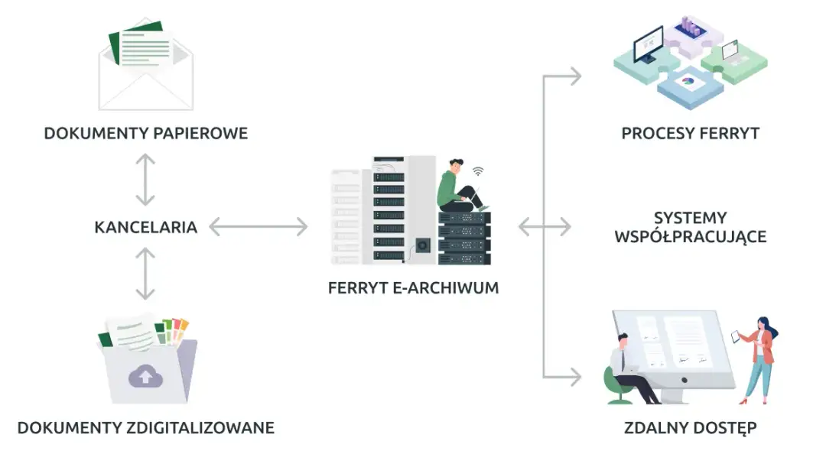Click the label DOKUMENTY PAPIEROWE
click(x=145, y=134)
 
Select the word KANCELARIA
click(x=145, y=227)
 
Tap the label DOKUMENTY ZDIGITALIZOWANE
click(x=145, y=427)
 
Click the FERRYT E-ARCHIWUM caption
click(x=413, y=288)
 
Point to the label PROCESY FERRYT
click(x=690, y=134)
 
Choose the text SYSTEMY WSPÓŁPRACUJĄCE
click(x=690, y=227)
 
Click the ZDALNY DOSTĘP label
click(x=690, y=427)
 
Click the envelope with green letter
click(x=145, y=65)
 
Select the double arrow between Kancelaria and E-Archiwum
click(x=258, y=227)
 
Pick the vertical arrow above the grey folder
click(x=145, y=273)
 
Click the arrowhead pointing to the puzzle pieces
click(x=574, y=76)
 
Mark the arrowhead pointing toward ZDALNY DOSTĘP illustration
click(x=574, y=376)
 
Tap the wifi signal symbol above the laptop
click(x=478, y=171)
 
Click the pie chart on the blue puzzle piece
click(x=688, y=79)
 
